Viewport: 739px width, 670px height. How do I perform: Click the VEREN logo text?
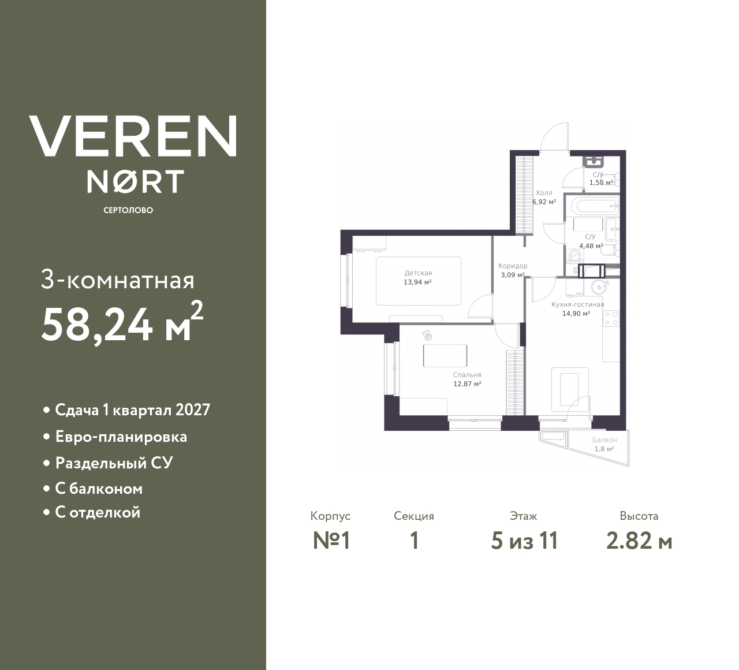(x=133, y=136)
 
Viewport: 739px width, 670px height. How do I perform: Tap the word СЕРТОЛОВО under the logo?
(x=128, y=210)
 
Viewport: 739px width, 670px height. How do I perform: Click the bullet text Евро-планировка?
(x=121, y=437)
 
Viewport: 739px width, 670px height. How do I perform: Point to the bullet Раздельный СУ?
(x=114, y=463)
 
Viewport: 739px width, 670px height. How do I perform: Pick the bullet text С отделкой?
(x=98, y=512)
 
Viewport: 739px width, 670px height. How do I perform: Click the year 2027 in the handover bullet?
(x=193, y=410)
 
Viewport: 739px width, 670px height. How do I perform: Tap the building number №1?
(x=331, y=541)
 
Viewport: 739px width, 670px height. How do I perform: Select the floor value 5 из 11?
(x=524, y=541)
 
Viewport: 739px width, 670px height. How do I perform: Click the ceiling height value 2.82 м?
(x=639, y=541)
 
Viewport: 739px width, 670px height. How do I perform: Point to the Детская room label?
(x=418, y=273)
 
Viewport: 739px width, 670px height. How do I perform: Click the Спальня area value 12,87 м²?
(x=467, y=384)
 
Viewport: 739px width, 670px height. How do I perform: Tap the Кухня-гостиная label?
(x=577, y=304)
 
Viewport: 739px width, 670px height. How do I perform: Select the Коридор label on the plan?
(x=513, y=266)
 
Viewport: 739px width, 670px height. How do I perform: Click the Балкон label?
(x=604, y=440)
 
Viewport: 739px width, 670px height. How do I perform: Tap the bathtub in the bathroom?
(x=591, y=205)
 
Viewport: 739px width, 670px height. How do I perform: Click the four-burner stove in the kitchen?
(x=611, y=318)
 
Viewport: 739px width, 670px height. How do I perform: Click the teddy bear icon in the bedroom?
(x=427, y=335)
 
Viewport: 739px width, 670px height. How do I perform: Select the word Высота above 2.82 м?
(x=639, y=516)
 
